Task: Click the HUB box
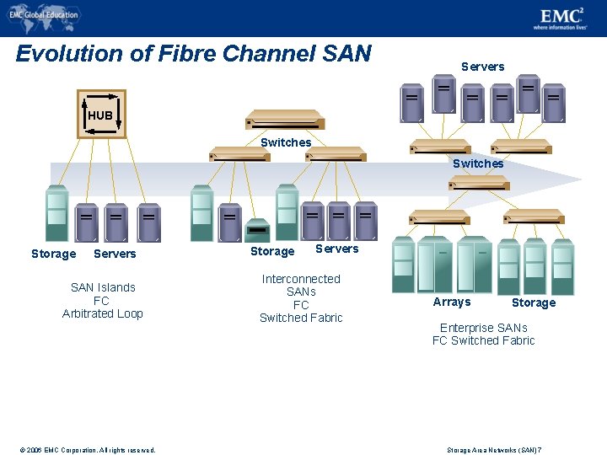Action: pos(101,114)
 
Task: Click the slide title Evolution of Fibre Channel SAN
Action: pos(193,54)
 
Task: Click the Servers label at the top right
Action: pos(482,67)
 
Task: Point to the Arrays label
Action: pos(452,302)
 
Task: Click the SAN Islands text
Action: pos(103,287)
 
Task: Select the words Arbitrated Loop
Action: pos(103,313)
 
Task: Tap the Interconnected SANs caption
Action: pos(301,285)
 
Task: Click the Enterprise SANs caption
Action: pos(483,328)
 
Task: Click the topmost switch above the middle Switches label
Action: pos(284,119)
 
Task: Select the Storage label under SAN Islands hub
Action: pos(53,254)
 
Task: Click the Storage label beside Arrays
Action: pos(534,302)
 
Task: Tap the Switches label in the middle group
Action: pos(286,142)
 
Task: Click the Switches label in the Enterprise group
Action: pos(478,163)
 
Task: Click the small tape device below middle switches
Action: pos(257,229)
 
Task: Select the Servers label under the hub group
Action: pos(115,254)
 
